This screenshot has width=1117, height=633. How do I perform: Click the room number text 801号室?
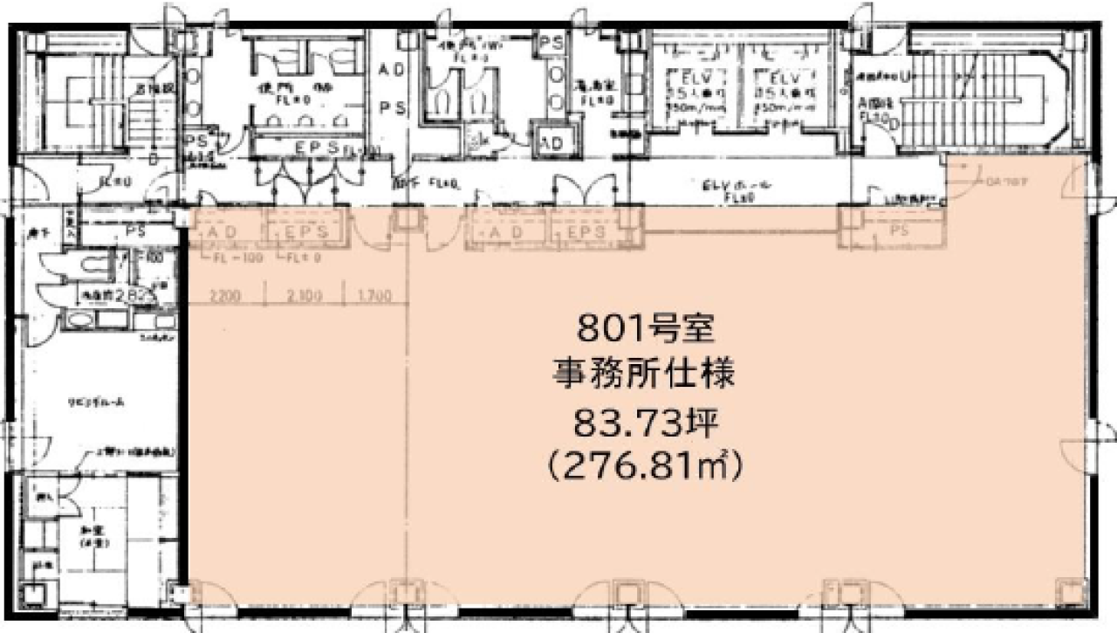tap(646, 330)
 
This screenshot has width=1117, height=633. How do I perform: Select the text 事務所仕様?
tap(646, 376)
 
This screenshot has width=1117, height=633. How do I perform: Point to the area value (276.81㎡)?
tap(646, 469)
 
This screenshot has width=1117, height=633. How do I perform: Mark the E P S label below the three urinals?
tap(310, 148)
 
